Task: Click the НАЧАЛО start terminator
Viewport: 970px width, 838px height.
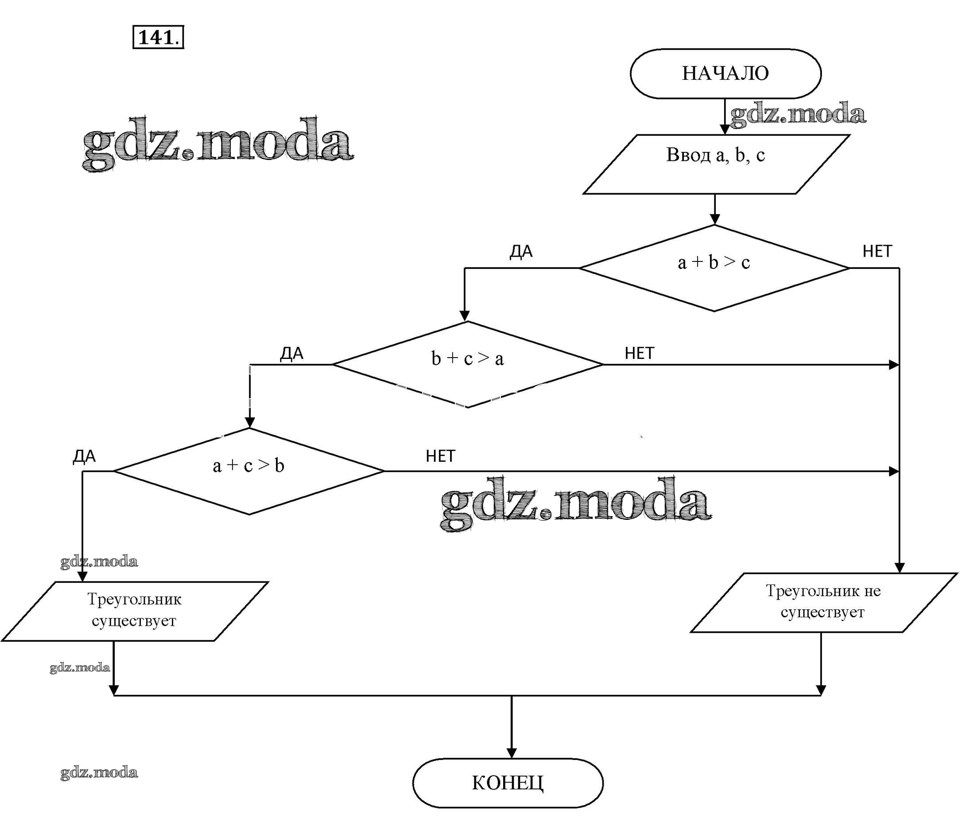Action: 725,74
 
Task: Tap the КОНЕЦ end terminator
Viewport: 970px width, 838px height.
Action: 508,783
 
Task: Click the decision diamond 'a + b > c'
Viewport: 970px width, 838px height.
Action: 714,268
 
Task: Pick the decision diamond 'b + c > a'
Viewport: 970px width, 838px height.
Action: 467,364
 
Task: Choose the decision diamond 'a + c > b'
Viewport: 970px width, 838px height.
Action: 248,471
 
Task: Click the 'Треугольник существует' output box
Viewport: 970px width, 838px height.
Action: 134,611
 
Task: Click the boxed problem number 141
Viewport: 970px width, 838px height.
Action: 158,37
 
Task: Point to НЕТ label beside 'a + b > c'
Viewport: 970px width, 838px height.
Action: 877,252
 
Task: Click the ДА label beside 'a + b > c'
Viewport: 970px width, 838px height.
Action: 521,252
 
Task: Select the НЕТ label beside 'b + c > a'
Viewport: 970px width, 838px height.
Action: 639,353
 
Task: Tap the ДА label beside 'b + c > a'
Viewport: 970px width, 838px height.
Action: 291,354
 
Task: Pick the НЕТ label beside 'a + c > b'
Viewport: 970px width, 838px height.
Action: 440,456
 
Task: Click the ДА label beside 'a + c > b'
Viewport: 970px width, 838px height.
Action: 84,456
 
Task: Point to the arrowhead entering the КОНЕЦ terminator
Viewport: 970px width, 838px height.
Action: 512,753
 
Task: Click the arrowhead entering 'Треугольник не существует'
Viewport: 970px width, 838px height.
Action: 899,567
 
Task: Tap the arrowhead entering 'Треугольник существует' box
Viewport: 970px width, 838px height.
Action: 82,576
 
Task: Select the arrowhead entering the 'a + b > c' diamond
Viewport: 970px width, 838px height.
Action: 714,219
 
